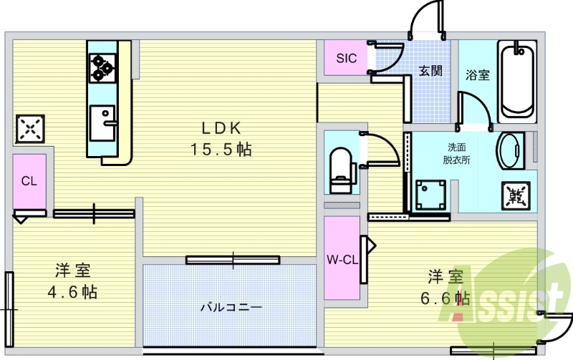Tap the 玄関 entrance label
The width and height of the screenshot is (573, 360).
tap(430, 70)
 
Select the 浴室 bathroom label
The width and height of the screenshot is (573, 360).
tap(477, 74)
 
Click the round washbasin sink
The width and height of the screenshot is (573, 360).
tap(510, 150)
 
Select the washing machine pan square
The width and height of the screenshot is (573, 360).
tap(431, 195)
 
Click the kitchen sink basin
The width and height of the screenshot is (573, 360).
tap(102, 122)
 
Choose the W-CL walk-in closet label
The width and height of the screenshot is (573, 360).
tap(342, 260)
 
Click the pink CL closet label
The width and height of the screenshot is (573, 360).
tap(29, 181)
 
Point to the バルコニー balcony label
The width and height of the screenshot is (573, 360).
tap(230, 308)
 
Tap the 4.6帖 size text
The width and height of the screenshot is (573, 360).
tap(72, 292)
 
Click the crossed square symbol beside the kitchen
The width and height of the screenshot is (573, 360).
tap(29, 129)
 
